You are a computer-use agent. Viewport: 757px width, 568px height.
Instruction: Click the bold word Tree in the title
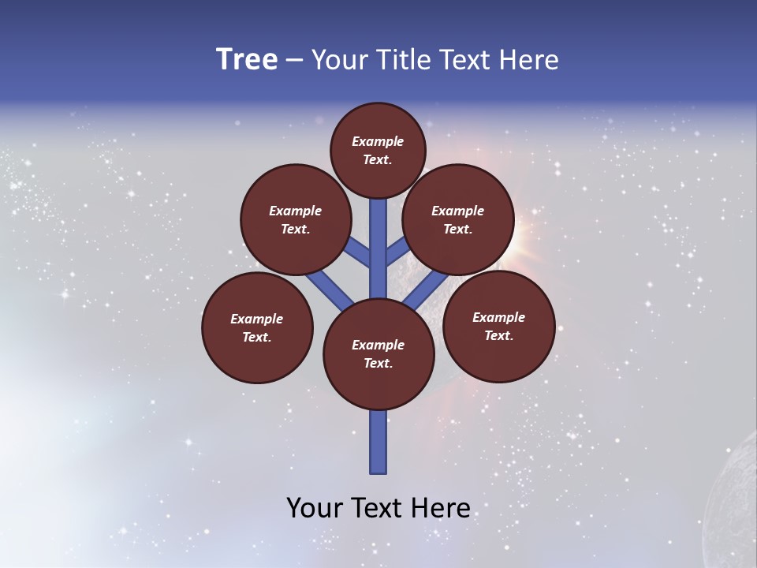click(247, 60)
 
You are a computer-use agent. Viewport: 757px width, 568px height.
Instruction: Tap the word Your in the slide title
click(340, 60)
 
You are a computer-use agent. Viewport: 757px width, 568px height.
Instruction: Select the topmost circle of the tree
click(378, 150)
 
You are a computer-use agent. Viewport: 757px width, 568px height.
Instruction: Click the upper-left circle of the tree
click(295, 219)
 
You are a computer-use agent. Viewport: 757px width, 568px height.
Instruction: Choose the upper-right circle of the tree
click(457, 219)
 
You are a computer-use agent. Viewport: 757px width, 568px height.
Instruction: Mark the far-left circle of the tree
click(257, 327)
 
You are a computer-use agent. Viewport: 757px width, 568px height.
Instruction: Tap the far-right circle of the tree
click(498, 326)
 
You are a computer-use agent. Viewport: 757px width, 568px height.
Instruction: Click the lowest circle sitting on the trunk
click(378, 353)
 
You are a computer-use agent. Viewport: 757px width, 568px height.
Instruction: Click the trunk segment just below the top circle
click(378, 237)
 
